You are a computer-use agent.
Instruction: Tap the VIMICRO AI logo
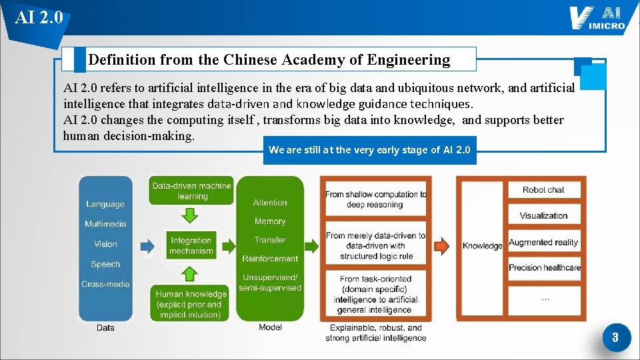click(597, 18)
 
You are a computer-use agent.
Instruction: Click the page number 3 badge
click(615, 337)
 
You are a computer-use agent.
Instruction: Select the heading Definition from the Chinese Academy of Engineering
click(269, 60)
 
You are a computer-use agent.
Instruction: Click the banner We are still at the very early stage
click(369, 150)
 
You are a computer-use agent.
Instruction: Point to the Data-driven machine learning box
click(191, 191)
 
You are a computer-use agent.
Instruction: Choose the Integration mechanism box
click(191, 245)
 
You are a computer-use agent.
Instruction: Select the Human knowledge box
click(191, 303)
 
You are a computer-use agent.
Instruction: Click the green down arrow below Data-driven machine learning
click(191, 215)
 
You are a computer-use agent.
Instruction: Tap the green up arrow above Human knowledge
click(191, 273)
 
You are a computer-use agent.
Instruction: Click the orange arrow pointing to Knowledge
click(442, 246)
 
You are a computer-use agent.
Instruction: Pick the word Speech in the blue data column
click(105, 264)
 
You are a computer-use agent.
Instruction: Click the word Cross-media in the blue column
click(105, 284)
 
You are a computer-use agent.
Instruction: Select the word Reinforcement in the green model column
click(270, 259)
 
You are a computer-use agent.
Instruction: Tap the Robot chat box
click(543, 190)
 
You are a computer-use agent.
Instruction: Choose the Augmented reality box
click(543, 243)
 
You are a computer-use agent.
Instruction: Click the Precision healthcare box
click(544, 267)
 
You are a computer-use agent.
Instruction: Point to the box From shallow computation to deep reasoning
click(375, 199)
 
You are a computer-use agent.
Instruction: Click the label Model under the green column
click(270, 327)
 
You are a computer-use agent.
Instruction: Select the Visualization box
click(543, 215)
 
